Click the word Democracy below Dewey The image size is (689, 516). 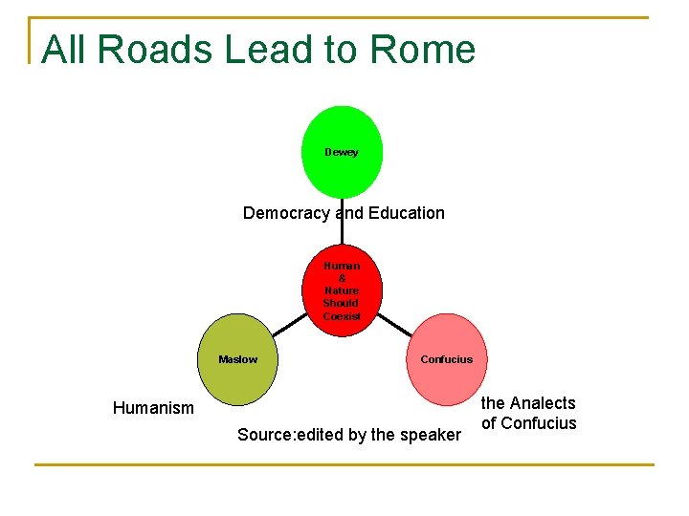point(285,213)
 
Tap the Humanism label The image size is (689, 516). point(153,408)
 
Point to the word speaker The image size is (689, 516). point(430,435)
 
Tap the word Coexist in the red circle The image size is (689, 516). point(342,316)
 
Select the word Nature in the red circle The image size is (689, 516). point(342,290)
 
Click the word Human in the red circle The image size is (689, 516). point(342,266)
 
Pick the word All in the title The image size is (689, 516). point(63,50)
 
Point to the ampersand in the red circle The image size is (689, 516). point(342,278)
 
